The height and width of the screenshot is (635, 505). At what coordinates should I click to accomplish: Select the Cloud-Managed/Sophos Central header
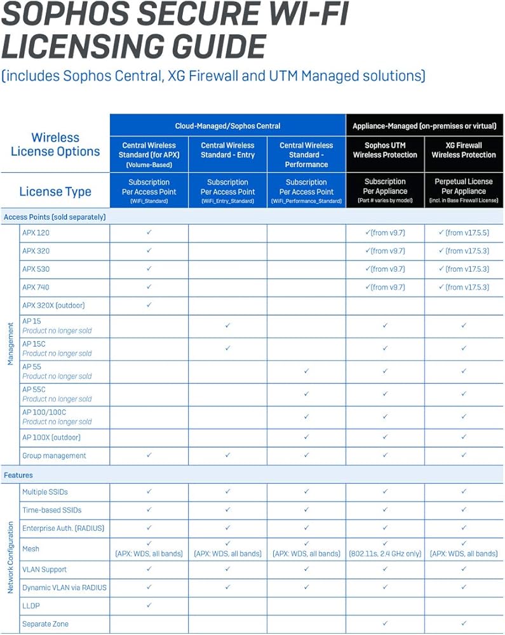(x=227, y=126)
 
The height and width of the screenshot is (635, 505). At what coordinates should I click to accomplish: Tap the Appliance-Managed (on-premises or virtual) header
(x=424, y=126)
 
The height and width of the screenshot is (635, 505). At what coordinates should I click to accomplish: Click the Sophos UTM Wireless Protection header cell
(x=385, y=150)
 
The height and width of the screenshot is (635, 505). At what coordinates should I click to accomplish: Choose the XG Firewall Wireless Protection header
(x=464, y=150)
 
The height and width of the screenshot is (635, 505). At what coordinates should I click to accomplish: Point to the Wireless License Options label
(x=55, y=145)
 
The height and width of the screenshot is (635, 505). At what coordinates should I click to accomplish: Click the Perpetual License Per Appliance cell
(x=464, y=190)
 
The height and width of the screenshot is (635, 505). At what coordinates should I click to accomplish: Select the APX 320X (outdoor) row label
(x=53, y=305)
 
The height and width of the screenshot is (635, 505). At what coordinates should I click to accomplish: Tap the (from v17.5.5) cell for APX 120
(x=464, y=232)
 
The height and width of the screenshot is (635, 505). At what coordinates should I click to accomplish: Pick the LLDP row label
(x=30, y=606)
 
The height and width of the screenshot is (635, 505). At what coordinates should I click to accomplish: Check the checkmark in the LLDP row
(x=149, y=605)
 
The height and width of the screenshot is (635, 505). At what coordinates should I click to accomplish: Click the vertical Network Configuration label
(x=10, y=558)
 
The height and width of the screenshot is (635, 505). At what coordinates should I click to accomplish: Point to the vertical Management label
(x=10, y=344)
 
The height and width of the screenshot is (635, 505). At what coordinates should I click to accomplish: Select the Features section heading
(x=18, y=475)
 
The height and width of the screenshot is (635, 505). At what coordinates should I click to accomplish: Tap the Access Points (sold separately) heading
(x=55, y=217)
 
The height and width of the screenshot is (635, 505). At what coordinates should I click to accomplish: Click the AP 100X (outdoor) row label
(x=51, y=438)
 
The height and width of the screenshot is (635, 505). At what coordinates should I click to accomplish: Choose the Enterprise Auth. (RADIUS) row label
(x=63, y=528)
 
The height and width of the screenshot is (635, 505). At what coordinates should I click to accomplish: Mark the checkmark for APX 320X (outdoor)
(x=149, y=305)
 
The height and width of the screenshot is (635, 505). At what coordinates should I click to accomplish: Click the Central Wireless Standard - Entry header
(x=227, y=150)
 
